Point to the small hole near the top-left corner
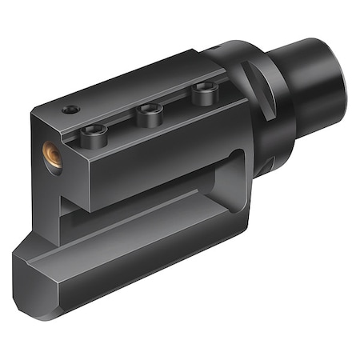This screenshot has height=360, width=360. [72, 109]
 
